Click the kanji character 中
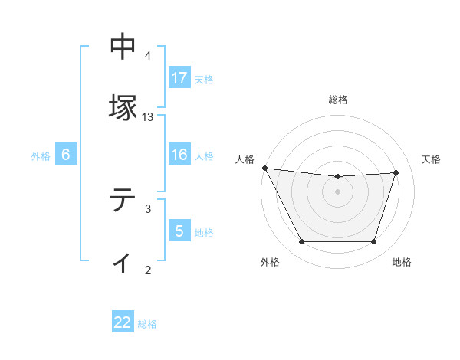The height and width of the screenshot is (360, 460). [123, 47]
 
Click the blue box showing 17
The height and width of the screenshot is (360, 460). [179, 78]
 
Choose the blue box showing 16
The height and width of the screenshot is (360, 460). [179, 155]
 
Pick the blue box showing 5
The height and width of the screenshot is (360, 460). [179, 231]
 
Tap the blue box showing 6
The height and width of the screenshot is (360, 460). [66, 155]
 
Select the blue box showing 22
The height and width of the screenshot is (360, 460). [123, 322]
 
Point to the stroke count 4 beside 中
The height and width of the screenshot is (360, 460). [148, 56]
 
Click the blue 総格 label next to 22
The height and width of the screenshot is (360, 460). [147, 323]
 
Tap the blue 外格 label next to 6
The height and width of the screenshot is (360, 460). [41, 156]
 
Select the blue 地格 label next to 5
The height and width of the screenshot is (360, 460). [204, 232]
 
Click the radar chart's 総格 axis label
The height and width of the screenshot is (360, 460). [338, 100]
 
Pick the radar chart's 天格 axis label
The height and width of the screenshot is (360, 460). [431, 159]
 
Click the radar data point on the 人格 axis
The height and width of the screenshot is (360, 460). [264, 168]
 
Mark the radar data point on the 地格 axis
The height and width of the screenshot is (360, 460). [374, 242]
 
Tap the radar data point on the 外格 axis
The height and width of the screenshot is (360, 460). [301, 242]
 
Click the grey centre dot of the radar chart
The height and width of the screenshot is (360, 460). [338, 191]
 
